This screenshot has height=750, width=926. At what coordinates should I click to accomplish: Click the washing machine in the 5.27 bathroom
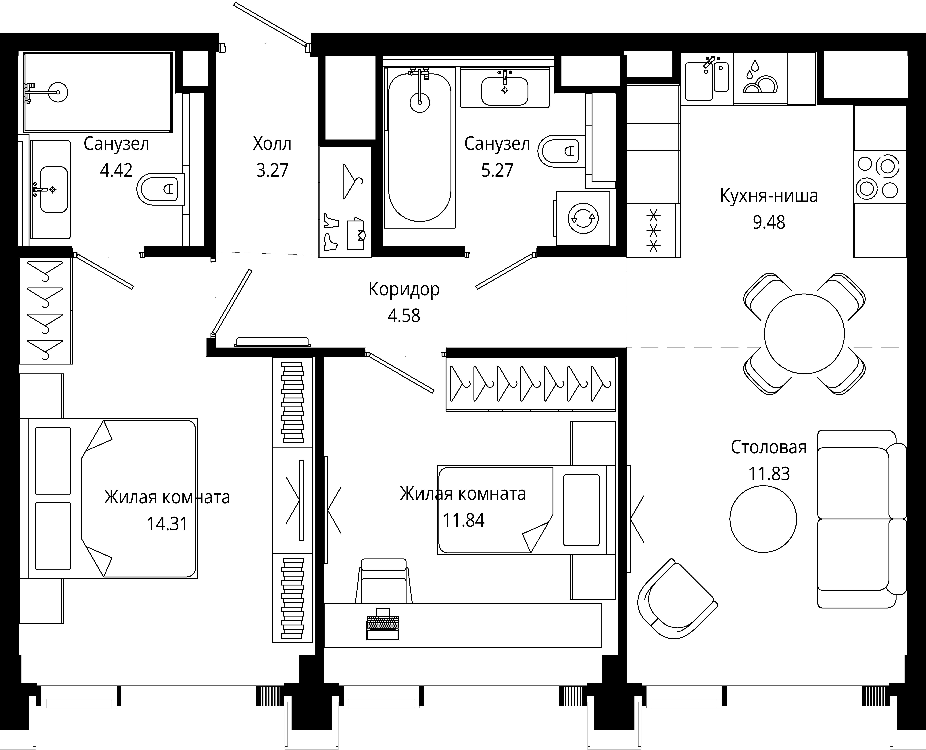click(583, 218)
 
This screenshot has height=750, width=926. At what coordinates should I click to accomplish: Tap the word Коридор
click(404, 290)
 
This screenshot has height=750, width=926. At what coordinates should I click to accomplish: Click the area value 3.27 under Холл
click(272, 170)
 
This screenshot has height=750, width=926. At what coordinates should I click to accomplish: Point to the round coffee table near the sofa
click(763, 519)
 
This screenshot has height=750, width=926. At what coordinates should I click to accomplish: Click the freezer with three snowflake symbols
click(653, 230)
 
